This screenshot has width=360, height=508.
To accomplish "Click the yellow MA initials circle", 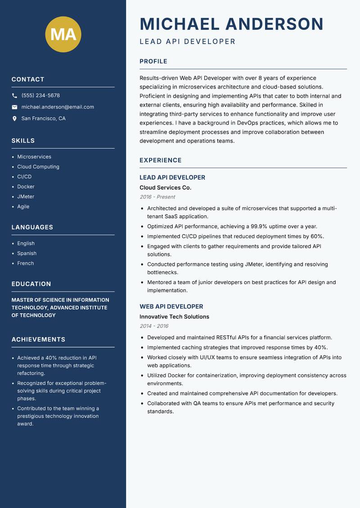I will tap(63, 34).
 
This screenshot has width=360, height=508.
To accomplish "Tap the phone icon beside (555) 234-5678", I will tap(14, 96).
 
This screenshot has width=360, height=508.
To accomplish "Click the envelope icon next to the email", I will tap(14, 107).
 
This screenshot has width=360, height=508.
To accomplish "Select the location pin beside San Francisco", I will tap(14, 119).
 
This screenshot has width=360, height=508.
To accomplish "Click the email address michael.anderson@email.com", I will tap(58, 107).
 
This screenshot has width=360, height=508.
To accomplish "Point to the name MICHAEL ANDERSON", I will tap(231, 24).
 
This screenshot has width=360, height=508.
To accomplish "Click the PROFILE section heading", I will tap(153, 62).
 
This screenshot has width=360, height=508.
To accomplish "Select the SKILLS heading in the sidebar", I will tap(23, 141).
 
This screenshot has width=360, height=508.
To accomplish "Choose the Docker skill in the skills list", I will tap(26, 187).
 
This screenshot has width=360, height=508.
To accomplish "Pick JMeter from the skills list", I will tap(26, 196).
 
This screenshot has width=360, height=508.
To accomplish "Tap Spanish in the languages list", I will tap(27, 253).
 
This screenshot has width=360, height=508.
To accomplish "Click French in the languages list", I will tap(25, 263).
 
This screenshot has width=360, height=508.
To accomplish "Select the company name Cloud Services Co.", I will tap(165, 187).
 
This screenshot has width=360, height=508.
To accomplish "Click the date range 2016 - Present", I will tap(157, 197).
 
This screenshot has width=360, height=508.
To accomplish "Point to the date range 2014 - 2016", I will tap(154, 326).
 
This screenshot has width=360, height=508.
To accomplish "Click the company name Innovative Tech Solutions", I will tap(174, 316).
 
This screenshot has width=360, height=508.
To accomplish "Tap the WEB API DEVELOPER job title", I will tap(171, 307).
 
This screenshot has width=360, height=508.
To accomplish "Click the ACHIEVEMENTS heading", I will tap(38, 339).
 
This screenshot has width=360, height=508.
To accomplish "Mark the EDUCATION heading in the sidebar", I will tap(31, 284).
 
